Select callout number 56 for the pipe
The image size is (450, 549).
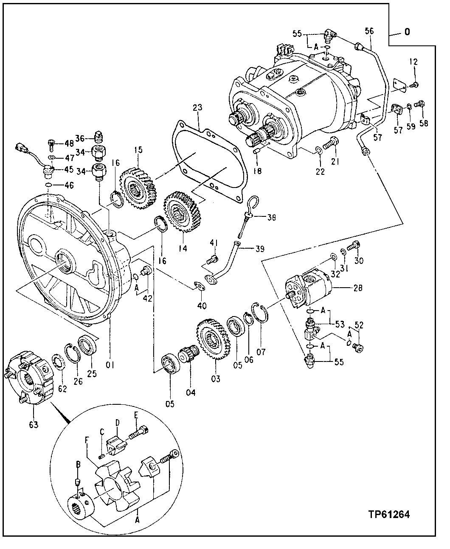coord(369,31)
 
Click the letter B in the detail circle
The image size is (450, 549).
coord(78,465)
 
